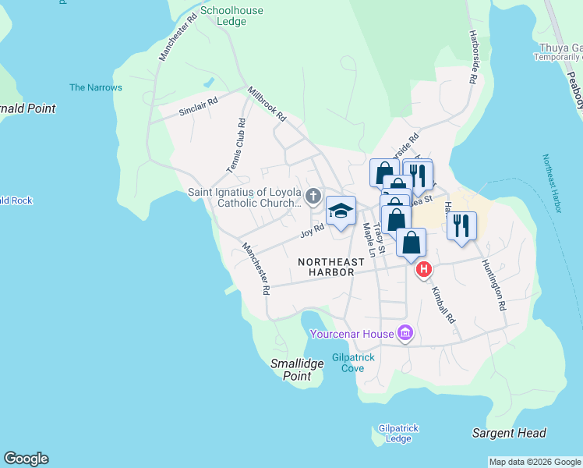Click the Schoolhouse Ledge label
[231, 16]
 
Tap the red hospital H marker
[423, 270]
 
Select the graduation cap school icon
[341, 211]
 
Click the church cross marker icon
[313, 195]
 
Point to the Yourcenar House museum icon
[405, 335]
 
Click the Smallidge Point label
[291, 370]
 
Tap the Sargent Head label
[509, 433]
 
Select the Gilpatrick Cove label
[353, 363]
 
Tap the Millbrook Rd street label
[267, 105]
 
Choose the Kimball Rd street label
[443, 304]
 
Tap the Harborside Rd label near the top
[472, 58]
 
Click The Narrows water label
[96, 87]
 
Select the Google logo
[26, 459]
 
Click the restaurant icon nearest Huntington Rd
[462, 225]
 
